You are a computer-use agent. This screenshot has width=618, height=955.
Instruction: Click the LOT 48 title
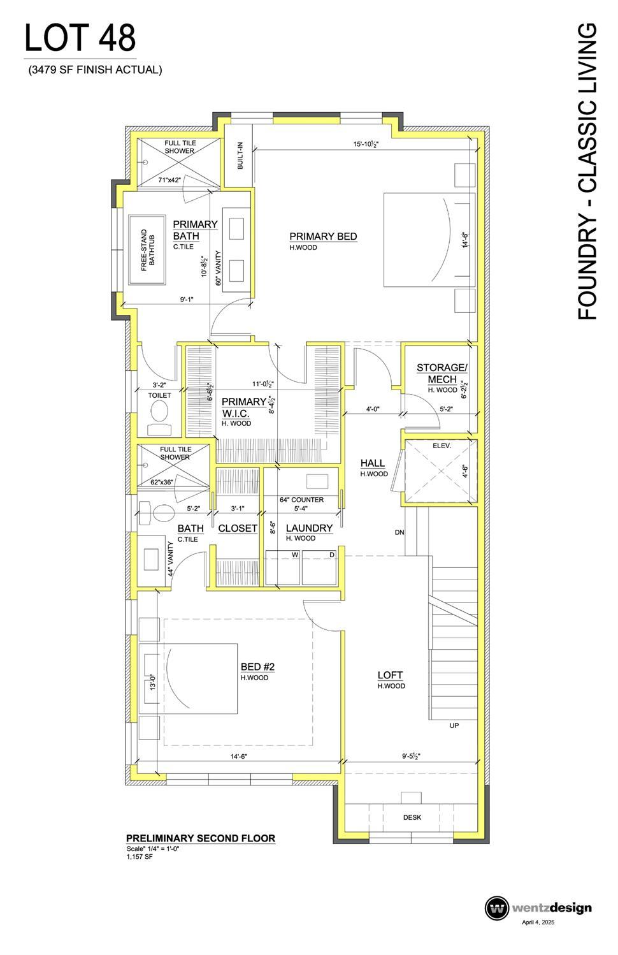click(80, 38)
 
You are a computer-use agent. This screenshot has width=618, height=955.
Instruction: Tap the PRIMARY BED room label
click(323, 236)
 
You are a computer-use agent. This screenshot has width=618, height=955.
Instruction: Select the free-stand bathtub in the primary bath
click(147, 250)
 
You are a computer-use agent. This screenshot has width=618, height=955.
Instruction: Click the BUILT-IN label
click(240, 156)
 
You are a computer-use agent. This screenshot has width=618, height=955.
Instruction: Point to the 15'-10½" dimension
click(366, 144)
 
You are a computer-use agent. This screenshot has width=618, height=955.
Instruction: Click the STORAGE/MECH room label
click(442, 373)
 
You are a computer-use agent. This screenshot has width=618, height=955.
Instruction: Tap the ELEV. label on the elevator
click(442, 446)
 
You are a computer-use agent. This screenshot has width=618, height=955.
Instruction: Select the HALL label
click(373, 463)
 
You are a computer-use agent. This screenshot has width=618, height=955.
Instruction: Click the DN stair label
click(399, 532)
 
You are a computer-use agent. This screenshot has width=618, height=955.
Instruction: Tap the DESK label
click(412, 817)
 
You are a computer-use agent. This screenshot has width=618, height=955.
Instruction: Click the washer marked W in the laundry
click(283, 567)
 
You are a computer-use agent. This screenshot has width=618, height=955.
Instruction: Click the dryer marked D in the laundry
click(320, 567)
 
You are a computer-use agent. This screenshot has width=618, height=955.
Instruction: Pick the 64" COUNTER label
click(302, 499)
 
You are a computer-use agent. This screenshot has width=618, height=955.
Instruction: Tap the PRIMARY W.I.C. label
click(244, 407)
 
